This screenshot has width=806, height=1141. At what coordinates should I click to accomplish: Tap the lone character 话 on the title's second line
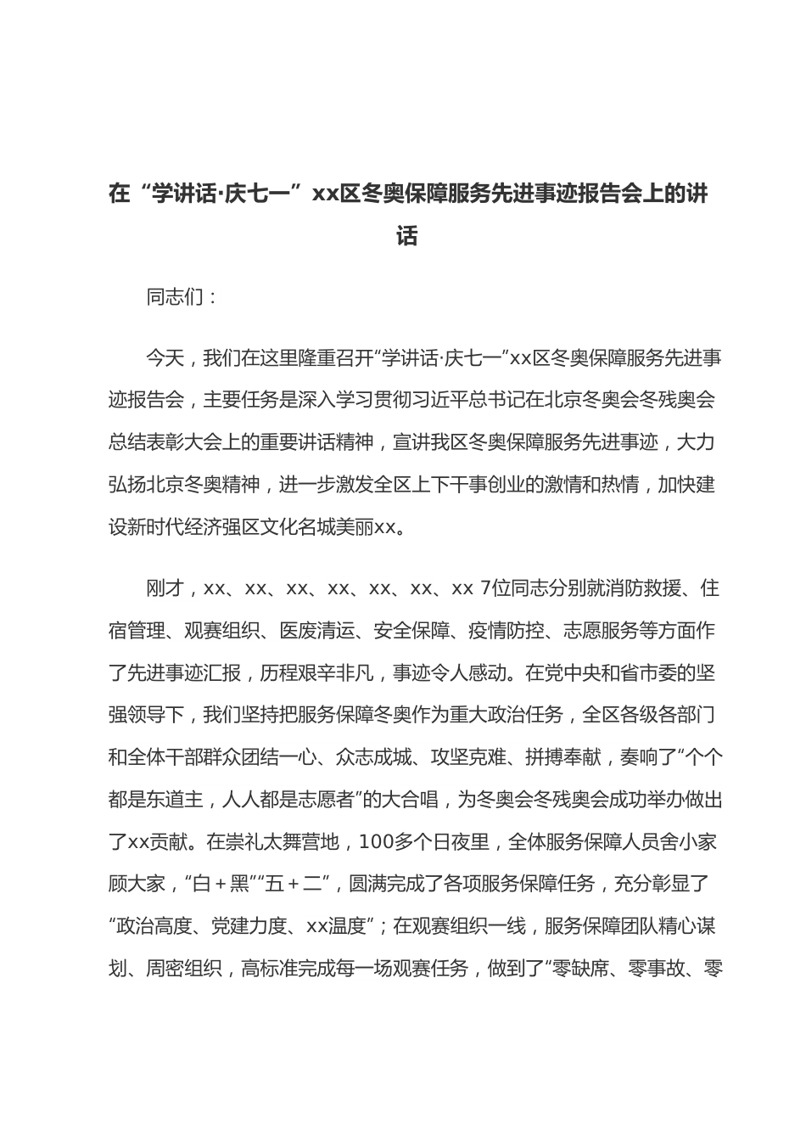[407, 236]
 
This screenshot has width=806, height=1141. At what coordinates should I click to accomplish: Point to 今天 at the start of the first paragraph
[165, 357]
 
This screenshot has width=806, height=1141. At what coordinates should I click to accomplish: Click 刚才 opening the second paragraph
[165, 588]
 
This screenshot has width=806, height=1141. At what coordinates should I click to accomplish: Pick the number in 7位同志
[484, 588]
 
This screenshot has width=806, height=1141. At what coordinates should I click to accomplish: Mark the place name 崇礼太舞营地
[273, 841]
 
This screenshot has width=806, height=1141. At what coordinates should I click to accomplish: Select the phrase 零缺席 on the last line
[579, 967]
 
